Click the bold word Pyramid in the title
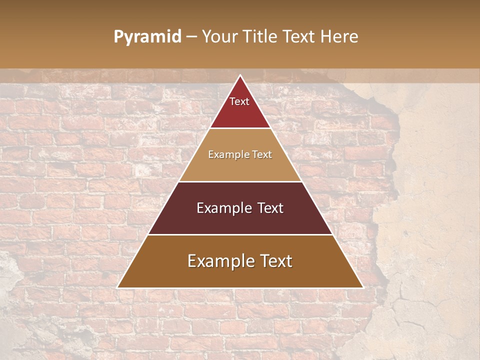147,37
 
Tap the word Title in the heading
260,36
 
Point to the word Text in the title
299,36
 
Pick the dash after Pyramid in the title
191,37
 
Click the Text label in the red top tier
239,101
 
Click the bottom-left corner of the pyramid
118,287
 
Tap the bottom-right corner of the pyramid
363,287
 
